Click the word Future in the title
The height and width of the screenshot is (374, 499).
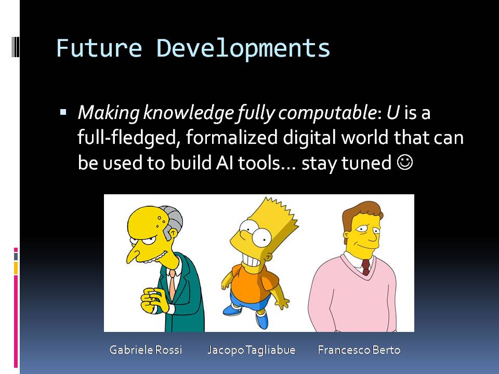99,48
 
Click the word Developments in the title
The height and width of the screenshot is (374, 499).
243,49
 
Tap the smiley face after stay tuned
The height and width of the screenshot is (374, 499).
405,163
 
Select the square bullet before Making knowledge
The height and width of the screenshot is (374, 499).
63,112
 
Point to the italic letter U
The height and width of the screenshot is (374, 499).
393,112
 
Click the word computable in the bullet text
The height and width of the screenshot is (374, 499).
327,113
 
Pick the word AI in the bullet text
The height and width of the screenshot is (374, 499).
225,163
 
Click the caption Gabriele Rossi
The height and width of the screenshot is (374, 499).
146,350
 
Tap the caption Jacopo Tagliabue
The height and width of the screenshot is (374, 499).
252,350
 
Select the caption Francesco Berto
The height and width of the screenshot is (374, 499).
359,350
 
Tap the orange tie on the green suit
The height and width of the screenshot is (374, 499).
172,284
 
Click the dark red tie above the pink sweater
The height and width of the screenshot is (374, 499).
365,267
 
